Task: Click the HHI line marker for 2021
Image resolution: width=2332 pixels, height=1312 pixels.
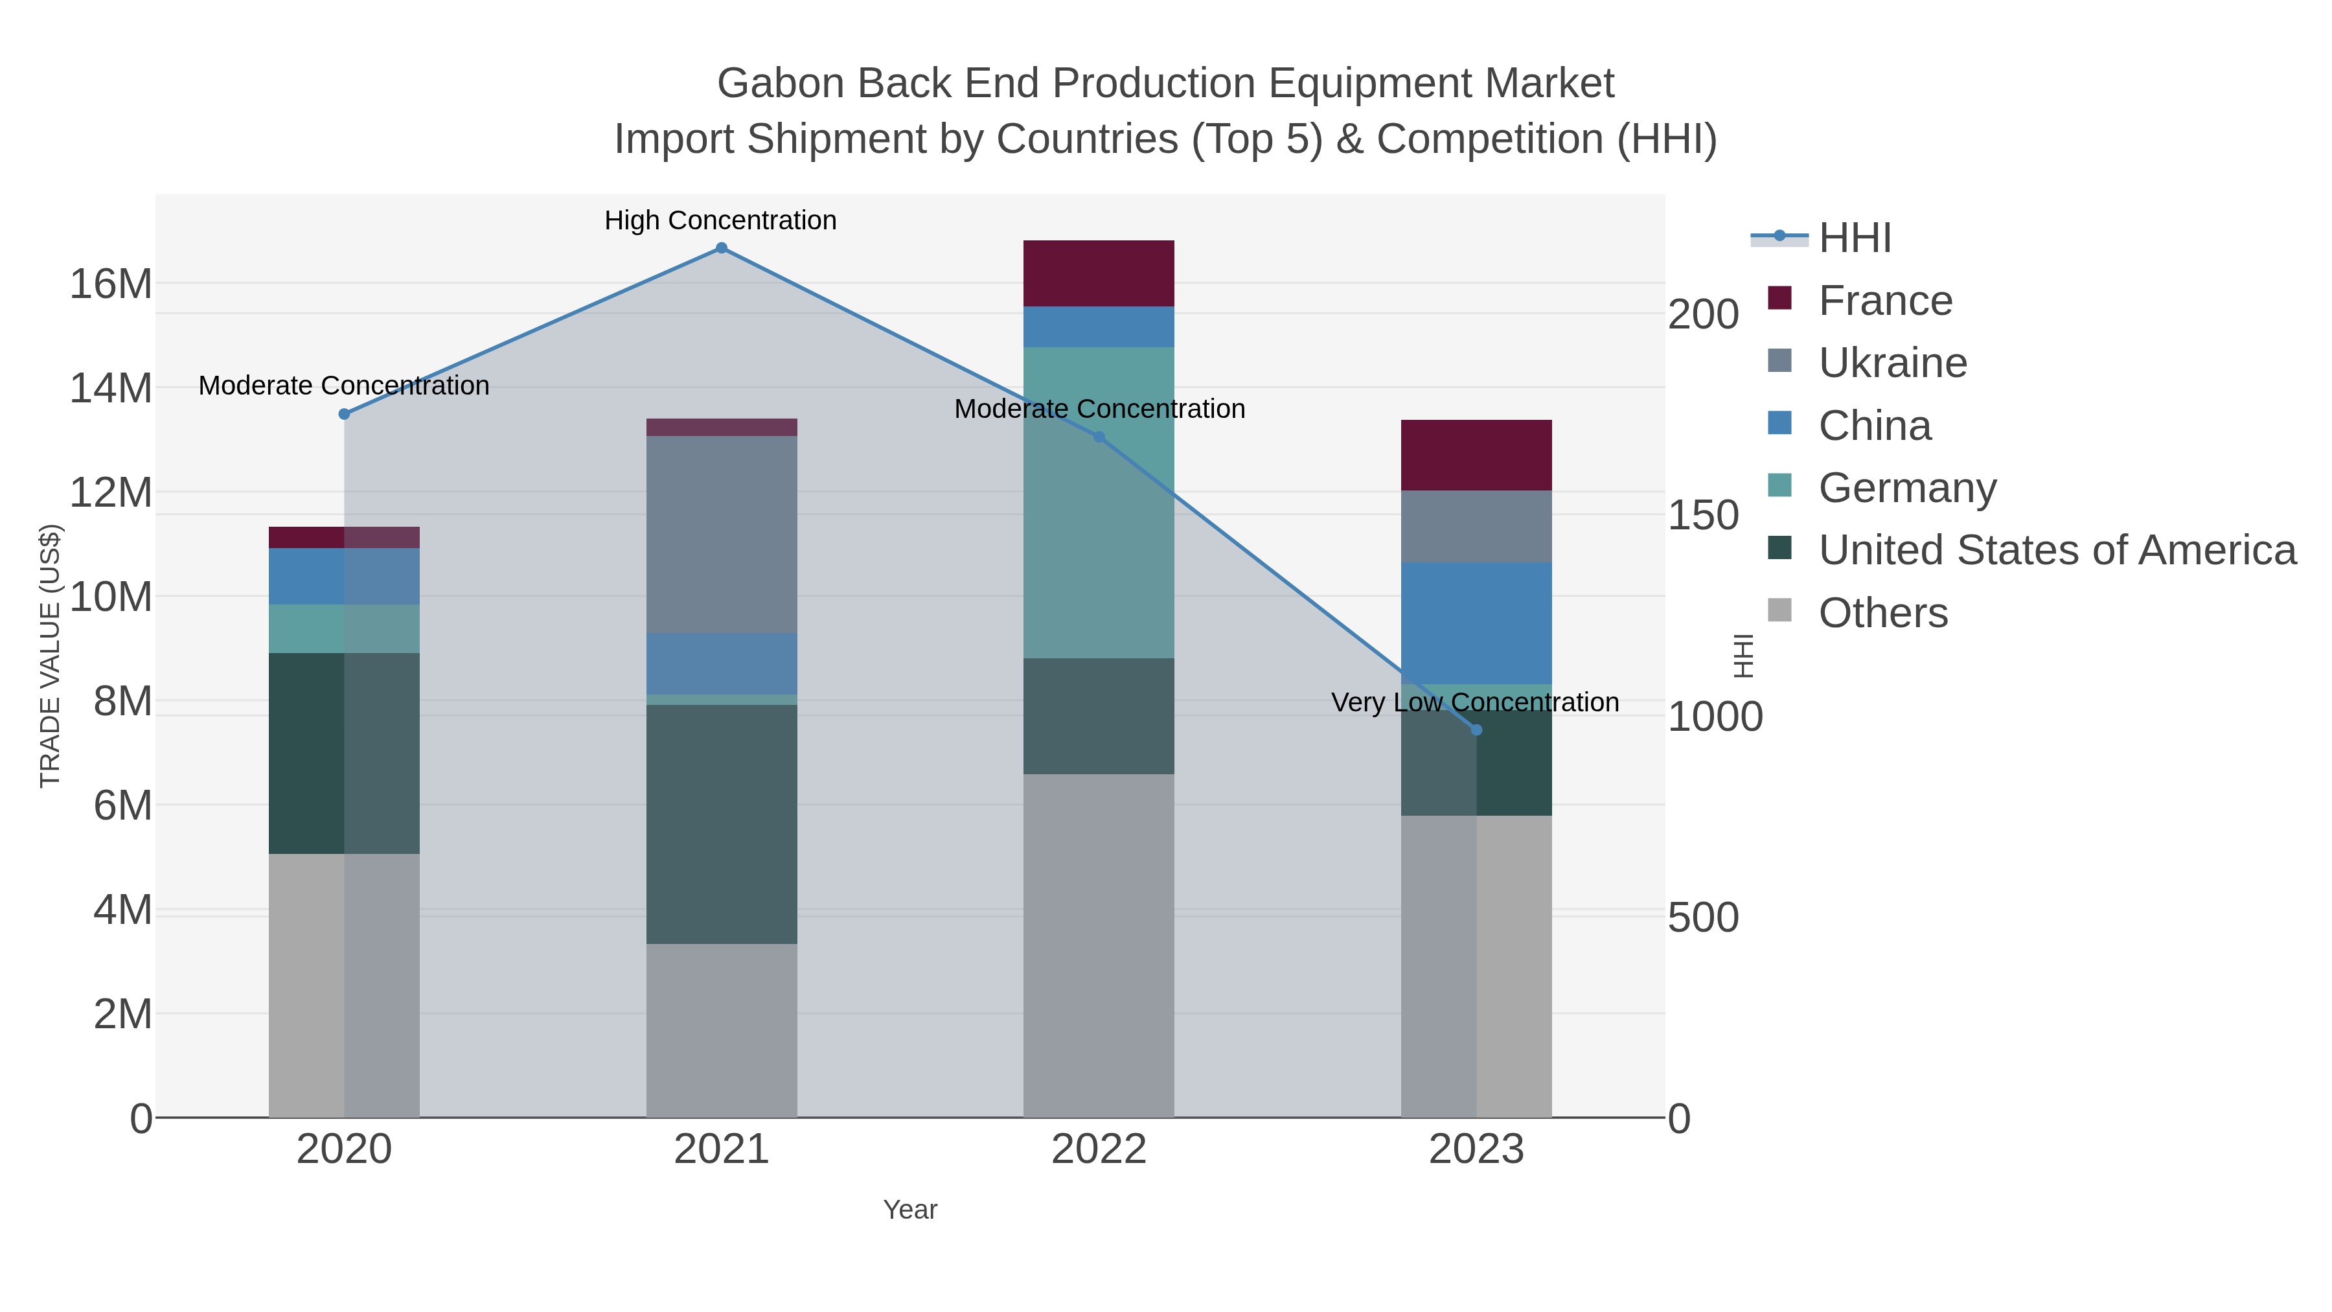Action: click(722, 248)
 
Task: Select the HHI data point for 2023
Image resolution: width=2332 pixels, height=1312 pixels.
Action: click(1476, 730)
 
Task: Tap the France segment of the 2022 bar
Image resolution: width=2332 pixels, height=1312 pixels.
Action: click(1098, 273)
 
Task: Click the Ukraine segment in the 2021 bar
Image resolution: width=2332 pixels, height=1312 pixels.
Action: click(722, 535)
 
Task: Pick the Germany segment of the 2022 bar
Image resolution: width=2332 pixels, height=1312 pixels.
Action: click(1098, 503)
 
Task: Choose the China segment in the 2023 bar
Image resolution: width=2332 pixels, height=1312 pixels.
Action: click(1476, 623)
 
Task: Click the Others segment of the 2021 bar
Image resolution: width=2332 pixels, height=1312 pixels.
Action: click(722, 1030)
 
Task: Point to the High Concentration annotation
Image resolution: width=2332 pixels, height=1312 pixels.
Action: click(720, 221)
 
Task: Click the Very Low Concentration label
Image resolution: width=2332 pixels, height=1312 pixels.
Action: click(1475, 702)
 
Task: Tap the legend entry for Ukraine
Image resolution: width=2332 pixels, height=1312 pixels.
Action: click(1892, 363)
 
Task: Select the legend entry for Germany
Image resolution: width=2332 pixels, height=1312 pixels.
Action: click(1906, 488)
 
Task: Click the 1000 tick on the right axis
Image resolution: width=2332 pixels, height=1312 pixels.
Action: click(1715, 717)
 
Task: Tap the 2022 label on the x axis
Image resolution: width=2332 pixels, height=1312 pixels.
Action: click(1098, 1150)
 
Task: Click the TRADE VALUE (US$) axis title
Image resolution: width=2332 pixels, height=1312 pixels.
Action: click(51, 656)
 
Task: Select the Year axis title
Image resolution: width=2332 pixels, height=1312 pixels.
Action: click(910, 1210)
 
